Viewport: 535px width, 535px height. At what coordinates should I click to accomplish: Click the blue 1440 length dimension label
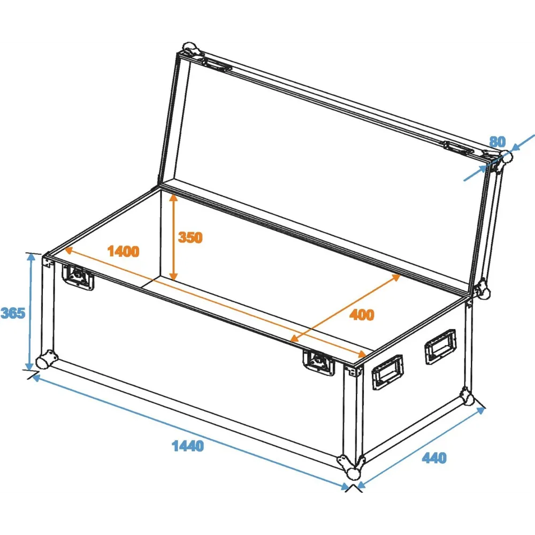click(188, 446)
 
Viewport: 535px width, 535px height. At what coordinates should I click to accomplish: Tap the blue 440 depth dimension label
click(434, 457)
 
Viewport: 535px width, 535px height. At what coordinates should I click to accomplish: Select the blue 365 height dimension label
click(13, 313)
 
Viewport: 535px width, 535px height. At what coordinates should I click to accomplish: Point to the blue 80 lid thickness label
click(498, 142)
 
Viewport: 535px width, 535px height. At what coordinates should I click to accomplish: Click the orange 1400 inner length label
click(123, 251)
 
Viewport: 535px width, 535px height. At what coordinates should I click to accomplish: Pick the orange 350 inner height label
click(190, 238)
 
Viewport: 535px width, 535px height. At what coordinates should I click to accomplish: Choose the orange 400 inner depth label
click(362, 315)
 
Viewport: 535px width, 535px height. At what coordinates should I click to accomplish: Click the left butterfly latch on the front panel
click(78, 277)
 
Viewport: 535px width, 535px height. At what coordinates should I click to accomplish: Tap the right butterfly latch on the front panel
click(319, 362)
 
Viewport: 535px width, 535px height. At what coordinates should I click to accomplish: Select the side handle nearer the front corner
click(387, 372)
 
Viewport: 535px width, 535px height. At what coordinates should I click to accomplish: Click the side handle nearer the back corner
click(440, 346)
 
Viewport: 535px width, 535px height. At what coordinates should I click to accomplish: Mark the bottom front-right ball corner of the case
click(351, 468)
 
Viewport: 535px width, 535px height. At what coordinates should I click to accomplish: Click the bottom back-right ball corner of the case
click(467, 397)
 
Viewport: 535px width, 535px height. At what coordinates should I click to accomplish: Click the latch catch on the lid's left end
click(217, 64)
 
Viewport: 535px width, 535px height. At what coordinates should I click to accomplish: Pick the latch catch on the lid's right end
click(459, 147)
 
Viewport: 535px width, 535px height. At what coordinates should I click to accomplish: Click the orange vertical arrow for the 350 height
click(174, 236)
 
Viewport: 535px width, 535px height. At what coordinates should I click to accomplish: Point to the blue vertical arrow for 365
click(30, 311)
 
